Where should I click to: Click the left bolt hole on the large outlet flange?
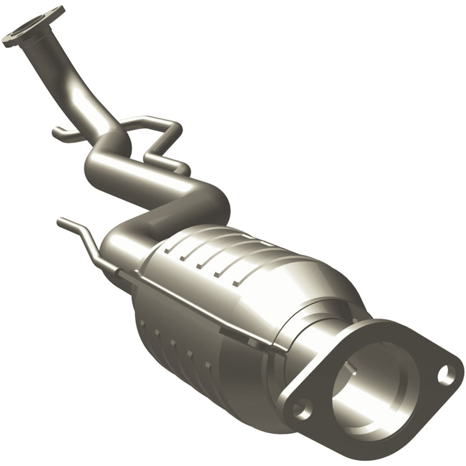coord(302,409)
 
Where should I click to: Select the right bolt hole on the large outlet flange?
coord(445,374)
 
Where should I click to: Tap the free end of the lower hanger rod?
coord(61,223)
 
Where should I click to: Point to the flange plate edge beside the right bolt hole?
coord(457,372)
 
